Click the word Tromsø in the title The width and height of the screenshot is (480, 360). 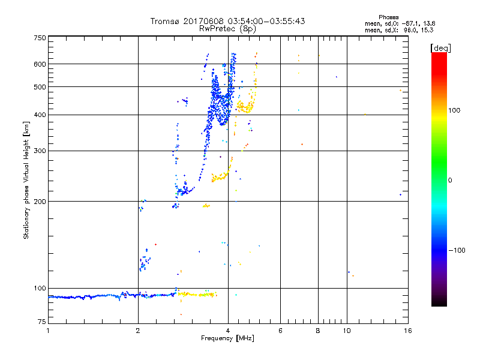(166, 21)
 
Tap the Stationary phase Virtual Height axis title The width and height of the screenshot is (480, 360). (26, 180)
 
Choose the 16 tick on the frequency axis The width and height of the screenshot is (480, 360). (407, 331)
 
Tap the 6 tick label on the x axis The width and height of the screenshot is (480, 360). (280, 331)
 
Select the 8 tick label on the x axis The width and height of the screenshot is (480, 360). (318, 331)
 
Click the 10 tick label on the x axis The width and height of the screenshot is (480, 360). (346, 331)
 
